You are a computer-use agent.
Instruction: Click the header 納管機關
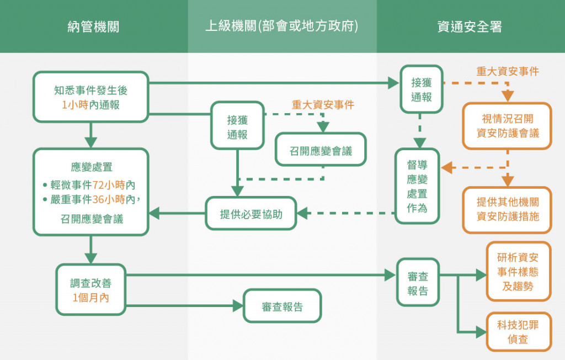[93, 27]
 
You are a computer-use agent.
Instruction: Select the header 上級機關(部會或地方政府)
[282, 26]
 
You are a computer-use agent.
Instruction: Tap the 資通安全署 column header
[470, 27]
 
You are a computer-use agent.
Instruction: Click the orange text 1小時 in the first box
[75, 105]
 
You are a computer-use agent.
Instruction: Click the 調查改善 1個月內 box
[91, 290]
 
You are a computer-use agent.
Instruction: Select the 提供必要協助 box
[251, 214]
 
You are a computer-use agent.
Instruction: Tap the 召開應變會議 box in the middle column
[321, 150]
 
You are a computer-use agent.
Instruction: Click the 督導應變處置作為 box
[417, 186]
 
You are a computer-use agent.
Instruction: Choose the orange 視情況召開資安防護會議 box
[508, 126]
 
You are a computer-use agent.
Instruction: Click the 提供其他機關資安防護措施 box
[508, 210]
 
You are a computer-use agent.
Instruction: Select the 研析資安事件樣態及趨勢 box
[518, 272]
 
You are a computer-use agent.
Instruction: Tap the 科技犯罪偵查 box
[518, 331]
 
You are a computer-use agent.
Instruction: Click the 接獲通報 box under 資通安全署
[422, 89]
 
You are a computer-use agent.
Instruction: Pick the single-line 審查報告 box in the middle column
[282, 306]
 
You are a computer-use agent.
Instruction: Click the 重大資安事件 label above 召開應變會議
[323, 104]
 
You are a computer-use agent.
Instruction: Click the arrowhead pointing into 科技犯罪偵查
[481, 332]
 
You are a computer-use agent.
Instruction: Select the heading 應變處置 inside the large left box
[92, 167]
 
